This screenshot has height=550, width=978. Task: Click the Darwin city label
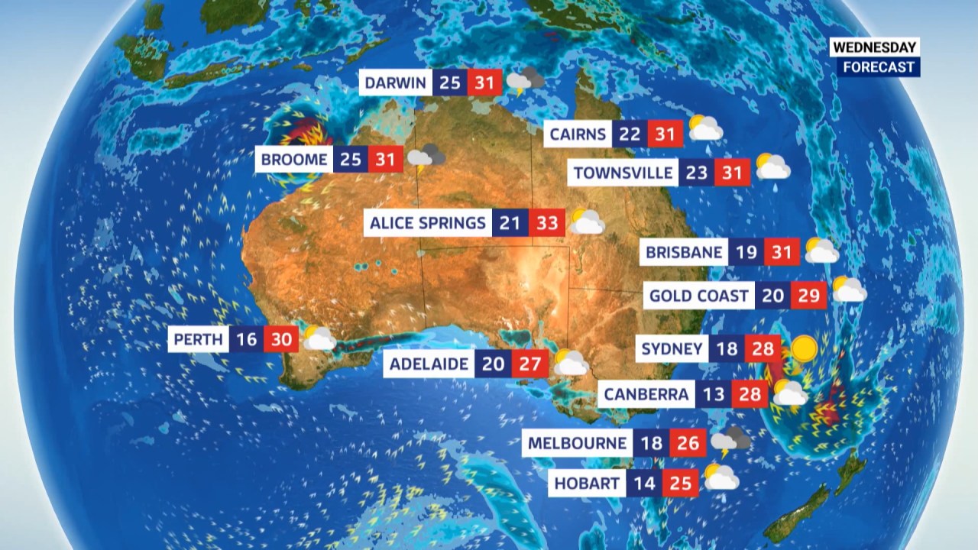(395, 82)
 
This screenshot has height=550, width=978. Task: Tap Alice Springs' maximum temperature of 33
(547, 223)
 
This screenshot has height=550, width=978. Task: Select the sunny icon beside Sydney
(803, 349)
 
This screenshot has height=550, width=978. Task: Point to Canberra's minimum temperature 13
(713, 395)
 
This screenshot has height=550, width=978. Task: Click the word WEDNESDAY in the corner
(875, 47)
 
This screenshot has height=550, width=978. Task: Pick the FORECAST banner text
(879, 66)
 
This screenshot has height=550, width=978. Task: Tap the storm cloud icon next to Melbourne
(730, 441)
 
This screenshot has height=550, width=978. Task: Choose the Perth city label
(199, 339)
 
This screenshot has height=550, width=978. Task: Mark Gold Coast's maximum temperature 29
(808, 295)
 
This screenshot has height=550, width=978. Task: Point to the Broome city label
(294, 160)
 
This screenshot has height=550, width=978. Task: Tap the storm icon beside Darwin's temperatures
(526, 80)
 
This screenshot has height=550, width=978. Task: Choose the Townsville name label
(623, 173)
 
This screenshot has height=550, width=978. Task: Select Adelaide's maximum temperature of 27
(529, 364)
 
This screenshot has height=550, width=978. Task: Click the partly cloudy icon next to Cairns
(705, 128)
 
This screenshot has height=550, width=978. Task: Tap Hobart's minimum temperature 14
(645, 484)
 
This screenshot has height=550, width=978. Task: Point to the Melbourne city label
(578, 443)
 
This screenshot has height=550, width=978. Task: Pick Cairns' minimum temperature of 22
(629, 135)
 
